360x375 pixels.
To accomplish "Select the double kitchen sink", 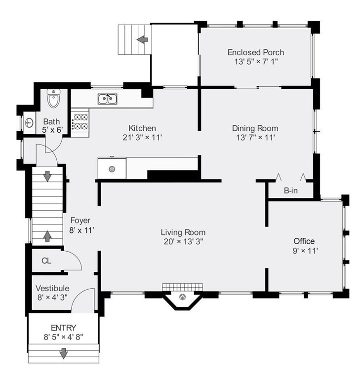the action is pyautogui.click(x=108, y=99).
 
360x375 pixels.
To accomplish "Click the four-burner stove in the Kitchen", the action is pyautogui.click(x=80, y=121).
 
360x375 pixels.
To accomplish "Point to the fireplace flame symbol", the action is pyautogui.click(x=183, y=297).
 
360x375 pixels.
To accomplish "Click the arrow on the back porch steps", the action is pyautogui.click(x=142, y=39).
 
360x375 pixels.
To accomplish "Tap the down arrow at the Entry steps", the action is pyautogui.click(x=63, y=353).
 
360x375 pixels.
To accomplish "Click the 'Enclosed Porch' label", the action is pyautogui.click(x=256, y=52).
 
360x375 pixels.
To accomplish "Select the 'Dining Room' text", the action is pyautogui.click(x=255, y=128).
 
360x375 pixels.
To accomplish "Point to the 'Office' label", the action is pyautogui.click(x=304, y=241).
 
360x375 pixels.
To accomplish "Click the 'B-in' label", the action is pyautogui.click(x=290, y=190).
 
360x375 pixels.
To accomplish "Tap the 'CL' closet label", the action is pyautogui.click(x=46, y=261).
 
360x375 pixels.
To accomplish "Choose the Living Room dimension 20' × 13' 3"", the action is pyautogui.click(x=183, y=242).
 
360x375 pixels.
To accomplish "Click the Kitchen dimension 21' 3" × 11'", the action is pyautogui.click(x=142, y=138).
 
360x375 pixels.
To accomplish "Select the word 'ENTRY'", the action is pyautogui.click(x=63, y=328).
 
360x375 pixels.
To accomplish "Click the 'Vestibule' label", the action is pyautogui.click(x=52, y=288).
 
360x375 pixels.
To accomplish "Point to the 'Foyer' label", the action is pyautogui.click(x=80, y=220).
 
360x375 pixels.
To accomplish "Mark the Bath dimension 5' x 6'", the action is pyautogui.click(x=52, y=130).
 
